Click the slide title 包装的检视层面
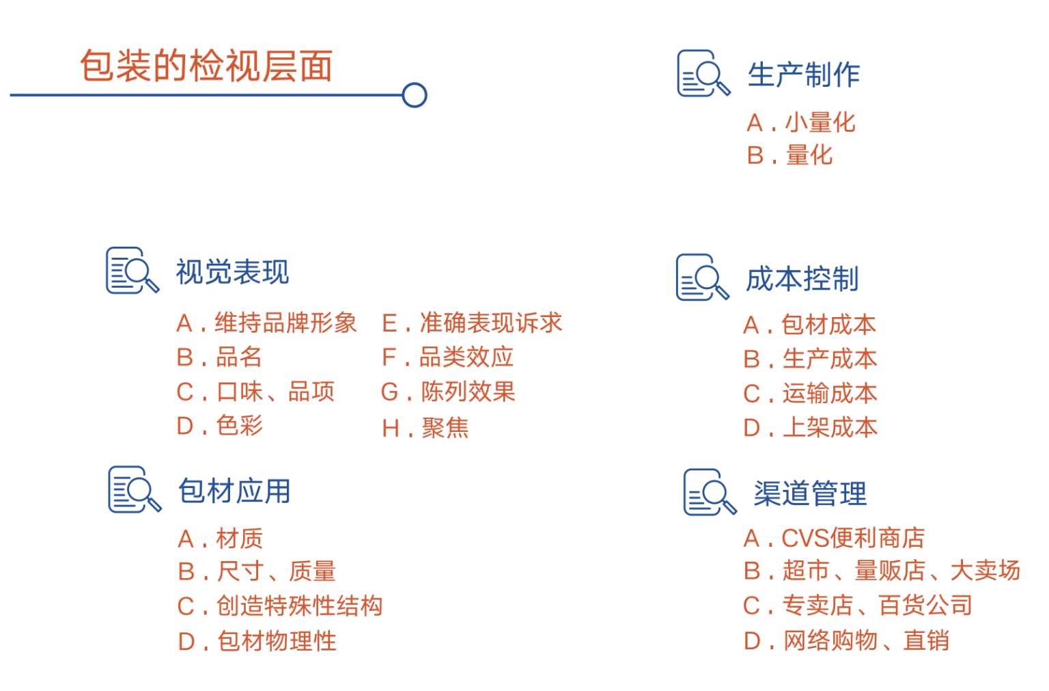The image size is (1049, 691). pyautogui.click(x=206, y=66)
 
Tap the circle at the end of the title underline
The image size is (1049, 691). pyautogui.click(x=415, y=95)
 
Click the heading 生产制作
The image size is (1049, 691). pyautogui.click(x=803, y=74)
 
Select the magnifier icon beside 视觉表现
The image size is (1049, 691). pyautogui.click(x=132, y=271)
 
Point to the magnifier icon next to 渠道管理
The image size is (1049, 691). pyautogui.click(x=710, y=492)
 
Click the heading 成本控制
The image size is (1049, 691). pyautogui.click(x=802, y=279)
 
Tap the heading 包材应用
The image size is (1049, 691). pyautogui.click(x=234, y=491)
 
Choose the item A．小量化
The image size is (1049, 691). pyautogui.click(x=800, y=123)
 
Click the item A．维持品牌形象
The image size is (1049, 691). pyautogui.click(x=266, y=323)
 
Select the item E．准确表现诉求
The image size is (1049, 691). pyautogui.click(x=472, y=323)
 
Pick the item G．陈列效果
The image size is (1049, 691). pyautogui.click(x=448, y=392)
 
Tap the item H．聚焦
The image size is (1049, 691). pyautogui.click(x=425, y=429)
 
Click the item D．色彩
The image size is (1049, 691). pyautogui.click(x=219, y=426)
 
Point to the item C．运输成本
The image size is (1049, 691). pyautogui.click(x=810, y=394)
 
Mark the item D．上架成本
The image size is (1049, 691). pyautogui.click(x=810, y=428)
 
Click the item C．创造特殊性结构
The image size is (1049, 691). pyautogui.click(x=280, y=606)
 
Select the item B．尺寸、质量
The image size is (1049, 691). pyautogui.click(x=257, y=571)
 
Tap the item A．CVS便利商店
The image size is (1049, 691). pyautogui.click(x=834, y=539)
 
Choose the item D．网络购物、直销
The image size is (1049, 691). pyautogui.click(x=846, y=641)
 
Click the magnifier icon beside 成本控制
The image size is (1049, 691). pyautogui.click(x=703, y=278)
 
